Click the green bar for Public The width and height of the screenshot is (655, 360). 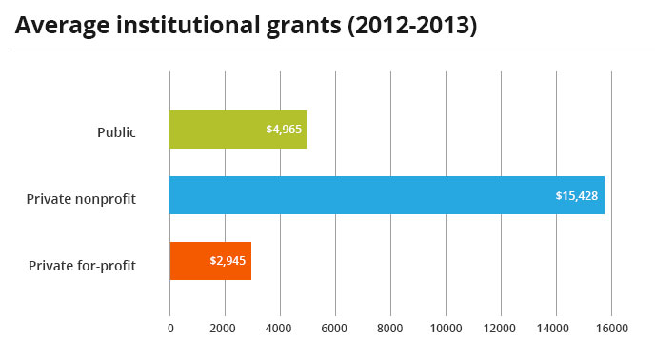coord(238,130)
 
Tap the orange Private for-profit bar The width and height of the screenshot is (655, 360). coord(210,261)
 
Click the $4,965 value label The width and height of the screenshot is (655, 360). coord(285,130)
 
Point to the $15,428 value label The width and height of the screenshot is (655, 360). coord(578,195)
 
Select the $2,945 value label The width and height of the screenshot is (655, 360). coord(229,261)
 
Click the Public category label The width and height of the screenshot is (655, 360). coord(117,132)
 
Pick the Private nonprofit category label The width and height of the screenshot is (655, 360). coord(82,198)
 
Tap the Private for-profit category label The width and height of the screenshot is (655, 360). coord(83,265)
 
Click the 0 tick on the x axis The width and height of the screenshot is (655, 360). coord(170,329)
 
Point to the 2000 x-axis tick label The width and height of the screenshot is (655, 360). coord(225,329)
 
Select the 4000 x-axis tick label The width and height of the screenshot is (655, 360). coord(280,329)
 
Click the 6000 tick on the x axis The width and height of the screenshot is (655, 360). coord(335,329)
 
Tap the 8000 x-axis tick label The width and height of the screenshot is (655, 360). coord(390,329)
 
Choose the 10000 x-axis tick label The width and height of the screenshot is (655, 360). coord(446,329)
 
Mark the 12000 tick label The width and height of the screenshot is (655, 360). coord(501,329)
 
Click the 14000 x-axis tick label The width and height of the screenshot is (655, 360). coord(555,329)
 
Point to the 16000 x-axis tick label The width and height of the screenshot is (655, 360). coord(610,329)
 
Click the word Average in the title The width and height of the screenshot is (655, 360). coord(58,25)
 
